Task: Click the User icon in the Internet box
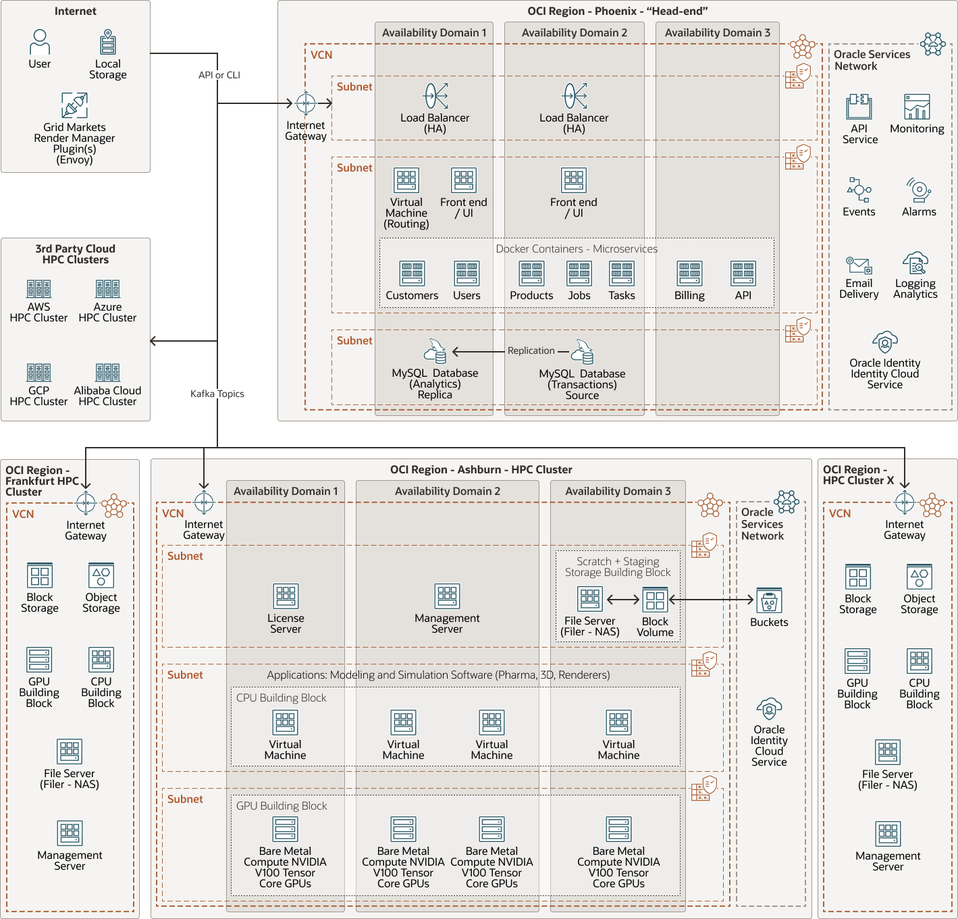(40, 42)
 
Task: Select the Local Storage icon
(108, 42)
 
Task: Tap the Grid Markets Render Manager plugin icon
(74, 105)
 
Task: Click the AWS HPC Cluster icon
(38, 289)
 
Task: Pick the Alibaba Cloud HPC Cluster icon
(107, 372)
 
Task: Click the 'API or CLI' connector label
(219, 75)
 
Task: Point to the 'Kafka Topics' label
(217, 394)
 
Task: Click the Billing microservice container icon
(689, 273)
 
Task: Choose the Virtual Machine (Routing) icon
(406, 180)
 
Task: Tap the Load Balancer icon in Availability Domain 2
(575, 97)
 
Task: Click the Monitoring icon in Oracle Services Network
(917, 107)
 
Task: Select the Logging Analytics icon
(915, 263)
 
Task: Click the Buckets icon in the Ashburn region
(769, 600)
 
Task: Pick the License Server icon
(286, 596)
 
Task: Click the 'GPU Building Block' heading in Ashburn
(281, 806)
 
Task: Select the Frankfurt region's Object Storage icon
(101, 576)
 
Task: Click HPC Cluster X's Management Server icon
(888, 834)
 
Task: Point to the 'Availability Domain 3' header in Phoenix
(717, 32)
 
